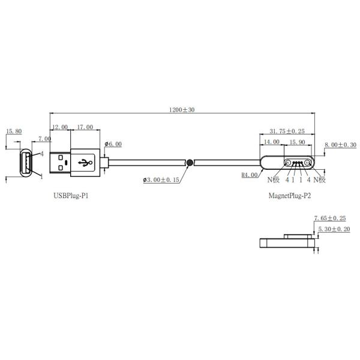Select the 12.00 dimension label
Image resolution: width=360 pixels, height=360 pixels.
pos(60,127)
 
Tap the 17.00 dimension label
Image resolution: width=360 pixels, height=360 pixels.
pos(85,127)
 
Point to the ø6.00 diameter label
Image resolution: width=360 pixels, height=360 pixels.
pos(113,144)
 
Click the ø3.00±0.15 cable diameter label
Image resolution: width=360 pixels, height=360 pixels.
pos(163,180)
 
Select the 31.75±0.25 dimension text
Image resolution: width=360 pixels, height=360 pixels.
pos(287,131)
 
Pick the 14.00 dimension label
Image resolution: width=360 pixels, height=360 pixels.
pos(271,142)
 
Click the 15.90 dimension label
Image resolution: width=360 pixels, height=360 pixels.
pos(297,142)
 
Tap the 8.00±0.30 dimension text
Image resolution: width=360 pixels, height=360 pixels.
pos(340,145)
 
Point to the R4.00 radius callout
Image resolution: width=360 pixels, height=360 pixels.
pos(249,175)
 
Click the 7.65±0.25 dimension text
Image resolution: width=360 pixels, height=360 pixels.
pos(332,218)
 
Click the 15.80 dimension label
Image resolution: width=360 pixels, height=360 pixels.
pos(14,131)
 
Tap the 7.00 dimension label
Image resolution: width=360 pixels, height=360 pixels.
pos(44,139)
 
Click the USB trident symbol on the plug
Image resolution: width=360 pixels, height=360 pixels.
pos(84,162)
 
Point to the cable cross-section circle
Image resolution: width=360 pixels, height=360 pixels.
pos(190,163)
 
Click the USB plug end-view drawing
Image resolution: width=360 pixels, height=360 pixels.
pos(27,163)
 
